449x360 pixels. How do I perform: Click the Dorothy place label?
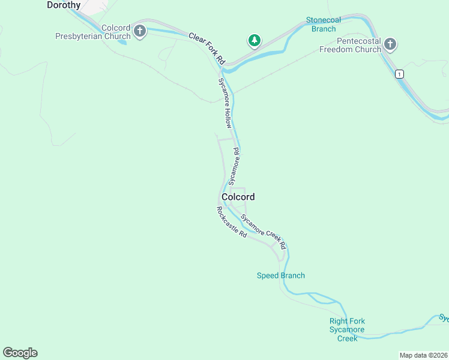tap(64, 5)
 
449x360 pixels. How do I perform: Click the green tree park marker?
tap(255, 41)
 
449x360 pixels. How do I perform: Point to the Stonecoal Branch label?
tap(324, 24)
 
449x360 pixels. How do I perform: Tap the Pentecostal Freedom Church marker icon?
tap(390, 44)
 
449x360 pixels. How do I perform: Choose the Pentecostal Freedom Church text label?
tap(350, 45)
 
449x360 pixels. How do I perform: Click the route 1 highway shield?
tap(399, 74)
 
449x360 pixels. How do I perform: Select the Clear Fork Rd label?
tap(206, 49)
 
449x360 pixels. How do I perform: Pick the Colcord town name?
tap(238, 197)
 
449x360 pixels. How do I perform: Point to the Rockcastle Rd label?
tap(232, 223)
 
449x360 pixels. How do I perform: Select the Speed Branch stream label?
tap(281, 275)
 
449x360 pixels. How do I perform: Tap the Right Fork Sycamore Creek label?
tap(347, 329)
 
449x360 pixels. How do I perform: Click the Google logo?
tap(20, 353)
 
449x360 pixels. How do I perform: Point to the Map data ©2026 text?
tap(423, 355)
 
